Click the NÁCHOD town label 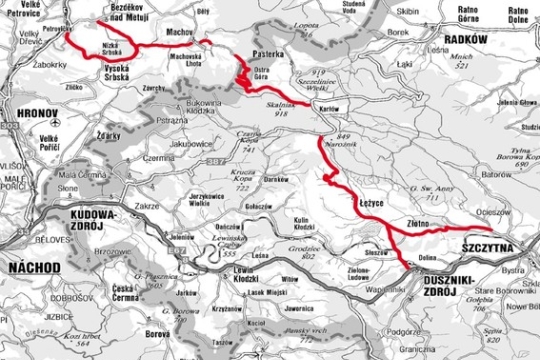pyautogui.click(x=33, y=266)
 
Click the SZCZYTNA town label pyautogui.click(x=489, y=244)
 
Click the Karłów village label pyautogui.click(x=301, y=107)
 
